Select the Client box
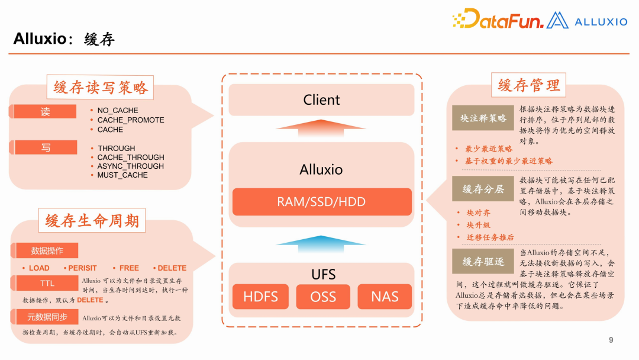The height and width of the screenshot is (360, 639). point(321,100)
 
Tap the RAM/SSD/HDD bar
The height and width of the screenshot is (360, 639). point(321,202)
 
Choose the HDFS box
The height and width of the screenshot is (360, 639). point(260,297)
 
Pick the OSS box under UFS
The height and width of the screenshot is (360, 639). point(323,297)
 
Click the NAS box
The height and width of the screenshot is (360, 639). point(385,297)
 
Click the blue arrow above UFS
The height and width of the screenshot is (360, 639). point(321,241)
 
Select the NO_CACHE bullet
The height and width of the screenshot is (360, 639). point(118,111)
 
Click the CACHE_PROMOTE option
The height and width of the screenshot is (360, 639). point(131,120)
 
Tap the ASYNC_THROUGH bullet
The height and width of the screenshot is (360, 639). point(131,166)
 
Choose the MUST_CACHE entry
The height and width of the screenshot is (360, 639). point(122,175)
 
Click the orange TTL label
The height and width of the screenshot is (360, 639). point(47,284)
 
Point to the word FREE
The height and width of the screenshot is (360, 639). point(129,268)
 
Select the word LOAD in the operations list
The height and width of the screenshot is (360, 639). point(39,268)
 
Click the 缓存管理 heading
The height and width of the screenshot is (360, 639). point(529,85)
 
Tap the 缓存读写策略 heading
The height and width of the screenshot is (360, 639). point(100,88)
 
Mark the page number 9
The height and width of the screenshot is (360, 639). point(611,340)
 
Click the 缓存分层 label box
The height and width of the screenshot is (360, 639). point(483,189)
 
